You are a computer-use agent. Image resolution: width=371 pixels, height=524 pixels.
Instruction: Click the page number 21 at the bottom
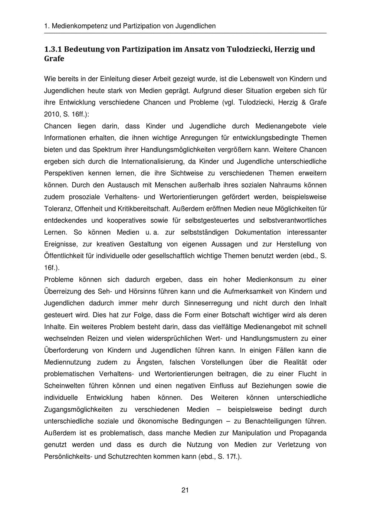[x=185, y=490]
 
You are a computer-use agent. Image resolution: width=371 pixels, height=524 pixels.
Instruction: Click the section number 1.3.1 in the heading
[x=55, y=49]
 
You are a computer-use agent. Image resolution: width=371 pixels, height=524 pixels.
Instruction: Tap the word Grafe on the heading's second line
[x=54, y=59]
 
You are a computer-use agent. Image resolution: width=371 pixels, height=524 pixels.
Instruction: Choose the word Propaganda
[x=308, y=433]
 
